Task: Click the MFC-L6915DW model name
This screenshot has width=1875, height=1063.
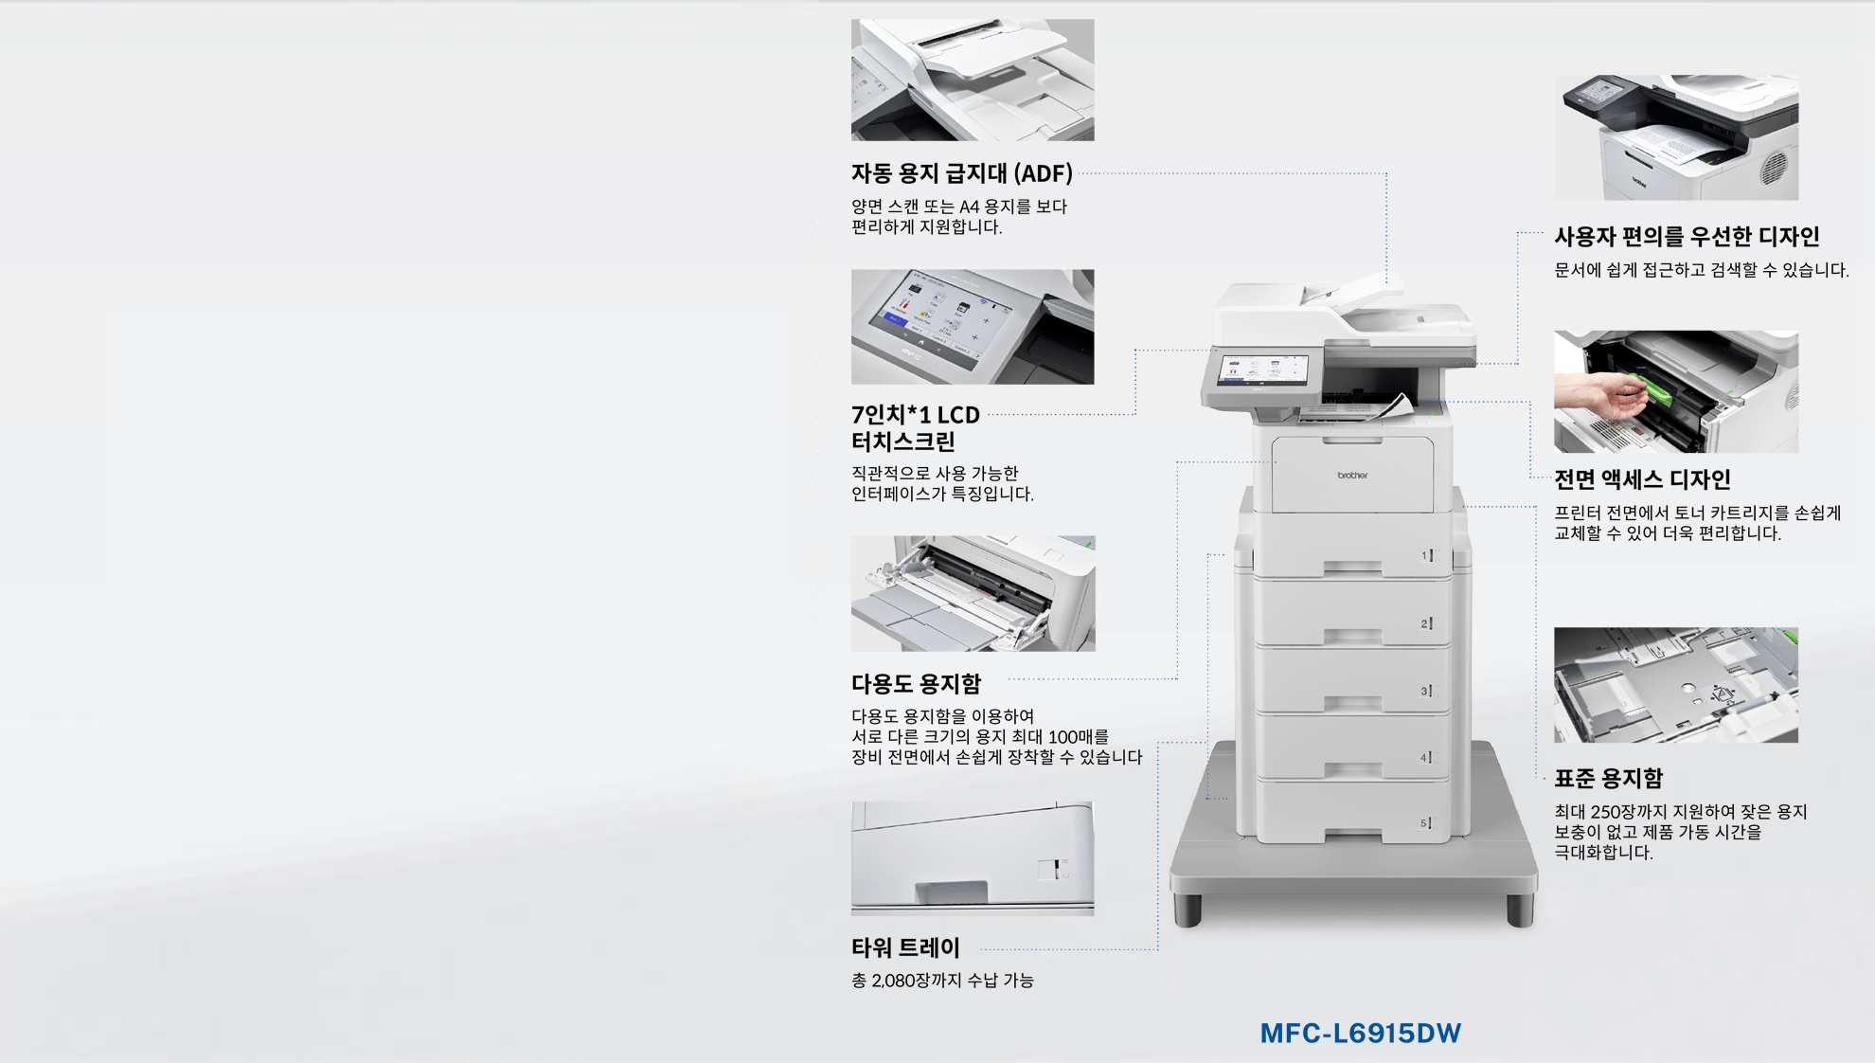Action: point(1360,1033)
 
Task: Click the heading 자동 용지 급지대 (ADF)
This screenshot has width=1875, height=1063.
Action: point(961,173)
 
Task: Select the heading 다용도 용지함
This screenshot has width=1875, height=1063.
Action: point(916,683)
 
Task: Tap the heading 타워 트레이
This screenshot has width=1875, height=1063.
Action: point(905,947)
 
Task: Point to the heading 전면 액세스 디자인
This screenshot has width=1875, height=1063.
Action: point(1642,479)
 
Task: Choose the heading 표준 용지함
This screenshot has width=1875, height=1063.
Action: point(1608,778)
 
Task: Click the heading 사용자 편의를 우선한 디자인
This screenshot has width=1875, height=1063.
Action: point(1687,236)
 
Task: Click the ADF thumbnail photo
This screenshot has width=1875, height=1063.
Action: point(973,80)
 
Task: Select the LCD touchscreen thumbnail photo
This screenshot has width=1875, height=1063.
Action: point(973,327)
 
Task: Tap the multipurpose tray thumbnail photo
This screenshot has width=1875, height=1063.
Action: point(973,593)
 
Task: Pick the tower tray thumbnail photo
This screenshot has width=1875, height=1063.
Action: point(973,858)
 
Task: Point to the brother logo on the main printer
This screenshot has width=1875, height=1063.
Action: point(1352,475)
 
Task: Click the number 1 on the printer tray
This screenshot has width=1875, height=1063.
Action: point(1424,555)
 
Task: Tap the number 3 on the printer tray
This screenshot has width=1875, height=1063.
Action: point(1424,691)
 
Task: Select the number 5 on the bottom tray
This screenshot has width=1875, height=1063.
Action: point(1423,823)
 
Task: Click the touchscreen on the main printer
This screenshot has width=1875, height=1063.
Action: point(1262,370)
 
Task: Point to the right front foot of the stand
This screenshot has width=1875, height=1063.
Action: point(1520,910)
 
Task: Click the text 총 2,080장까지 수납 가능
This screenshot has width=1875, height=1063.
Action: point(942,981)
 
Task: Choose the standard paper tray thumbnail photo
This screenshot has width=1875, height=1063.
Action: point(1676,685)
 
